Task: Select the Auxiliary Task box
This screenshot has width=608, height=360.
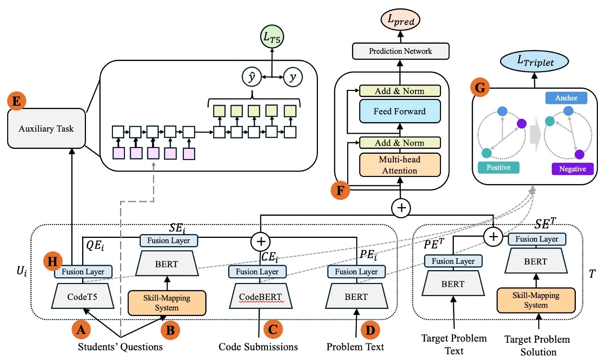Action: pyautogui.click(x=47, y=129)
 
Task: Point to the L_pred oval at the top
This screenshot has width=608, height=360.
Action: pyautogui.click(x=400, y=21)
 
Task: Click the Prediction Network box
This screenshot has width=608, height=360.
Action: pyautogui.click(x=400, y=51)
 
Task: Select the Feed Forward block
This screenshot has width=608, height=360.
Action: pyautogui.click(x=400, y=111)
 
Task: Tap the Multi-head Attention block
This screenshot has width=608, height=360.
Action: pyautogui.click(x=400, y=165)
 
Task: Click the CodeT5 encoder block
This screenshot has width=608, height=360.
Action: pyautogui.click(x=83, y=297)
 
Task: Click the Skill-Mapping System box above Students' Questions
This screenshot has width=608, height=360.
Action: pyautogui.click(x=166, y=302)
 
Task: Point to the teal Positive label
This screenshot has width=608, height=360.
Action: pyautogui.click(x=498, y=168)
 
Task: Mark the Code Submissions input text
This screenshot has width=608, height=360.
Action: pyautogui.click(x=258, y=347)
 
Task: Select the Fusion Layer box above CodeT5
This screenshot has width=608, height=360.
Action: pyautogui.click(x=83, y=272)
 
